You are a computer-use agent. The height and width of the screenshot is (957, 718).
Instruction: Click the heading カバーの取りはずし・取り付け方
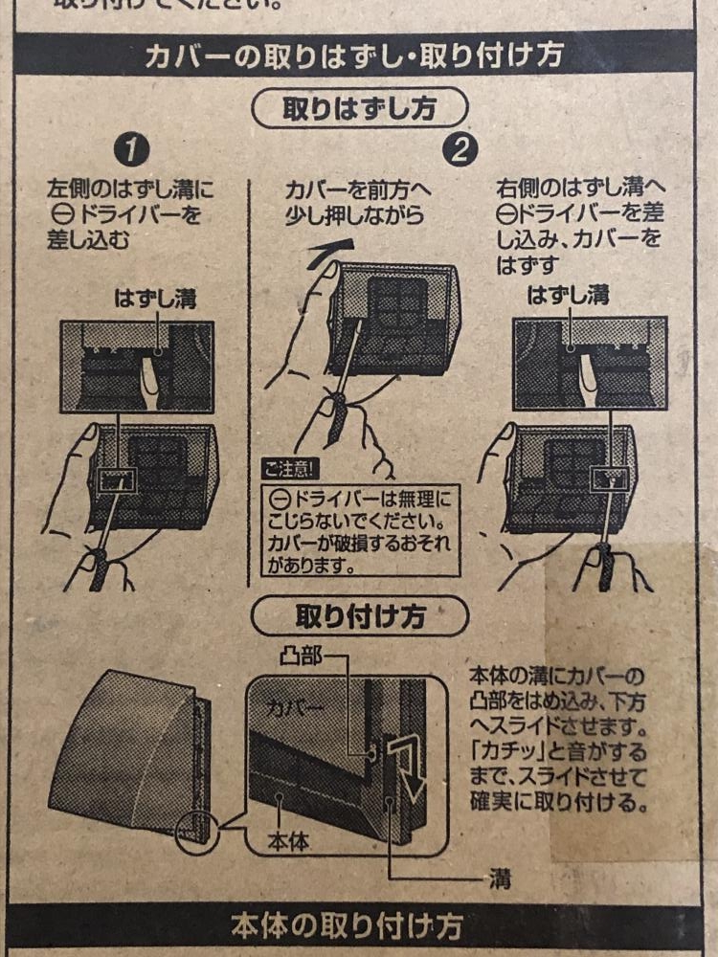click(353, 56)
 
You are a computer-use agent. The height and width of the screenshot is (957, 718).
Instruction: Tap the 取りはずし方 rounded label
click(360, 109)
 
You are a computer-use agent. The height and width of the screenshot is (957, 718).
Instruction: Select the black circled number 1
click(132, 150)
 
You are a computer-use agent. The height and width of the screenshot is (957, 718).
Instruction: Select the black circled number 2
click(461, 150)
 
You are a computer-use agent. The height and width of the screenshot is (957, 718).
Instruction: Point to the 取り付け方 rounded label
click(360, 616)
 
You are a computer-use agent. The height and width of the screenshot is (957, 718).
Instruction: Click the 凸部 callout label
click(301, 657)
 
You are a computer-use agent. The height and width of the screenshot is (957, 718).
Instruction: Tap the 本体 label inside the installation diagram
click(288, 842)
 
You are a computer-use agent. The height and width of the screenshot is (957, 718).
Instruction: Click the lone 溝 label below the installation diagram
click(500, 879)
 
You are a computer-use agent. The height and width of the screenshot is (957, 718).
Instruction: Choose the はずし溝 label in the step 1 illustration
click(155, 299)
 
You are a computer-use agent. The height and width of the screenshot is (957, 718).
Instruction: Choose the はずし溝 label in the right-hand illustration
click(568, 296)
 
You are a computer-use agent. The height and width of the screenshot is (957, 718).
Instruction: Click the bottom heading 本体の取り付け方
click(347, 926)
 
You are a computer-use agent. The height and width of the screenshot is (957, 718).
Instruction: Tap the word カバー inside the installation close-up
click(296, 708)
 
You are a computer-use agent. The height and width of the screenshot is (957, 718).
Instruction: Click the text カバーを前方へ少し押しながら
click(357, 203)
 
